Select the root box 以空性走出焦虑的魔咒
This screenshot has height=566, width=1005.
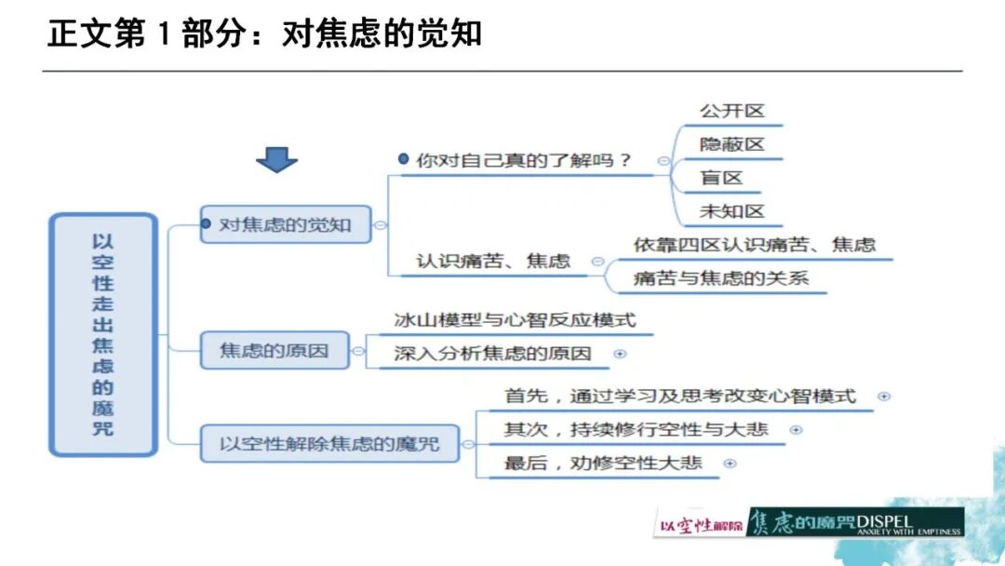click(102, 335)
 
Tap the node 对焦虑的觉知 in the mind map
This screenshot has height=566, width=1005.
click(285, 224)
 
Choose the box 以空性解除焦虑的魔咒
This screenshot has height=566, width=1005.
click(330, 443)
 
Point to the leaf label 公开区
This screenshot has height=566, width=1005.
click(731, 111)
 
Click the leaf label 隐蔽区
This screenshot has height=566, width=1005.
click(731, 144)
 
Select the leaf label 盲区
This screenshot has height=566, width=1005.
click(722, 178)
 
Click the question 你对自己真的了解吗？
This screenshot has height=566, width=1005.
click(524, 159)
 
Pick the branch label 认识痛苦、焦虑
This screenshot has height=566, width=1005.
click(493, 262)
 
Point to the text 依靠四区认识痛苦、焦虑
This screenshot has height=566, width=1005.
click(754, 245)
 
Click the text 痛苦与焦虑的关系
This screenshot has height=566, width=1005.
click(721, 277)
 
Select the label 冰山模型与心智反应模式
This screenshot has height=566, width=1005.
click(515, 320)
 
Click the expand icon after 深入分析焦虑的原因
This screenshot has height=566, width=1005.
click(620, 354)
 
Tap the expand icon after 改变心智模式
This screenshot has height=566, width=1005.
click(884, 396)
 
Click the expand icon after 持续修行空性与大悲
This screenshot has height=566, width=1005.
click(796, 429)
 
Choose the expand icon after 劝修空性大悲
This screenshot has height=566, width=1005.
click(730, 463)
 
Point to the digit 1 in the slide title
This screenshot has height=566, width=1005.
click(164, 34)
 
